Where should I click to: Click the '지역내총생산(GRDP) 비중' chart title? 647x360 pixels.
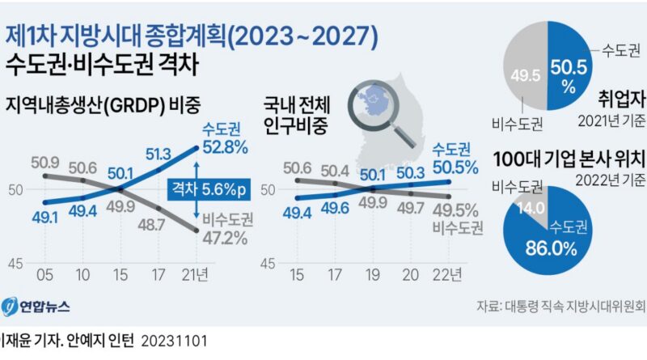[103, 106]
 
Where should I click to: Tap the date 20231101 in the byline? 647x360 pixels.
[175, 341]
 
